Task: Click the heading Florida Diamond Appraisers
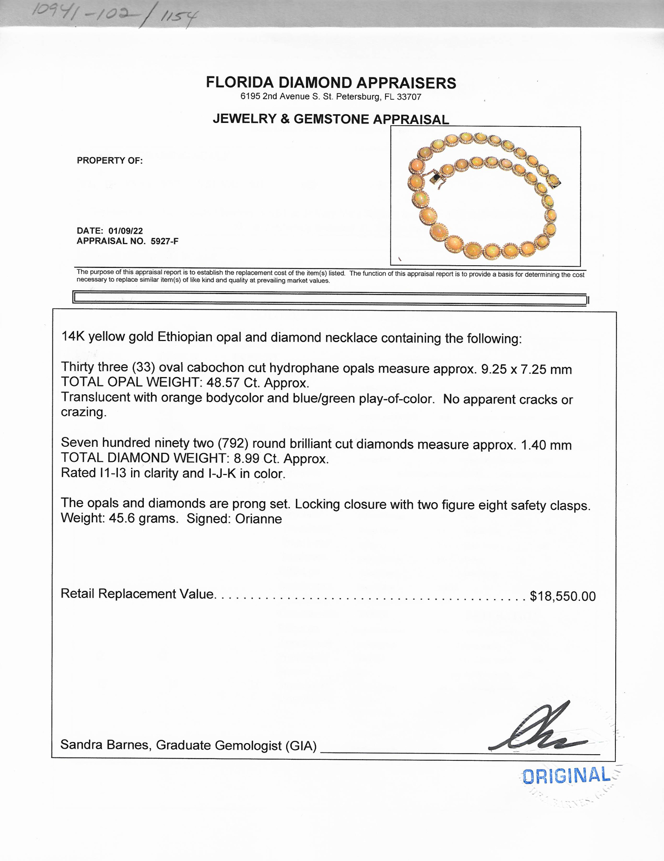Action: tap(331, 83)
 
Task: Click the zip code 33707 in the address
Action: tap(409, 97)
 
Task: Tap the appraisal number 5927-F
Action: tap(164, 241)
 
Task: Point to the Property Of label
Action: tap(110, 161)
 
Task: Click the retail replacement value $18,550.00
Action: tap(563, 596)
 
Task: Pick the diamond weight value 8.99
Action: tap(246, 458)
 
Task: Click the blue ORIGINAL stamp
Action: tap(566, 776)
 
